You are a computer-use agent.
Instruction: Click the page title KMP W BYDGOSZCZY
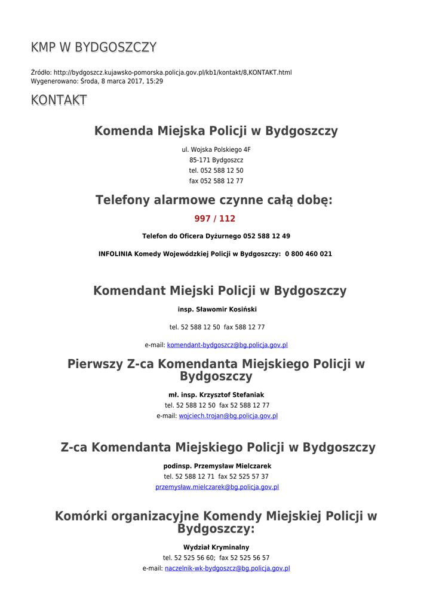click(x=94, y=48)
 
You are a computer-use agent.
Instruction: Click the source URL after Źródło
click(x=173, y=72)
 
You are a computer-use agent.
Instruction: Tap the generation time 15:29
click(x=155, y=81)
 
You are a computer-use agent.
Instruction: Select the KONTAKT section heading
click(x=59, y=100)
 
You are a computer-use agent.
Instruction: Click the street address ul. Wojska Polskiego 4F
click(x=216, y=149)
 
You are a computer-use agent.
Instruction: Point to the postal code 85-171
click(x=199, y=160)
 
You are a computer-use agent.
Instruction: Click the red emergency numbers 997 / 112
click(x=215, y=219)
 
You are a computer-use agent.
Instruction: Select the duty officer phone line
click(x=216, y=236)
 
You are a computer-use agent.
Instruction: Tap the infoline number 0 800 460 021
click(x=308, y=253)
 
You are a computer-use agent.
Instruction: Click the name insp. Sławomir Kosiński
click(x=217, y=310)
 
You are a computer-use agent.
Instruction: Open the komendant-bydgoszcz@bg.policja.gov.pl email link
click(x=228, y=345)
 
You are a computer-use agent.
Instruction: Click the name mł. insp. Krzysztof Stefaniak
click(x=216, y=394)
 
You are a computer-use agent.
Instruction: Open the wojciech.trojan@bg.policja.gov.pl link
click(x=228, y=416)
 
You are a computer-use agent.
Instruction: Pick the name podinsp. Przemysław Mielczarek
click(x=217, y=466)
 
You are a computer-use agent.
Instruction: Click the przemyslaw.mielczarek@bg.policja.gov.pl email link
click(x=217, y=487)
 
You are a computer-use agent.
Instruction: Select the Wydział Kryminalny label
click(x=216, y=547)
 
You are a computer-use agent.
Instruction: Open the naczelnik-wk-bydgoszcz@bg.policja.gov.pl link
click(x=227, y=568)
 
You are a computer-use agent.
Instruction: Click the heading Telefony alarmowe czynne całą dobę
click(x=214, y=200)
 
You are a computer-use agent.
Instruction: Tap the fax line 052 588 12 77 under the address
click(x=216, y=181)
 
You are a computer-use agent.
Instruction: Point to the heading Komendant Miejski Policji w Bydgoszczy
click(x=220, y=291)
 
